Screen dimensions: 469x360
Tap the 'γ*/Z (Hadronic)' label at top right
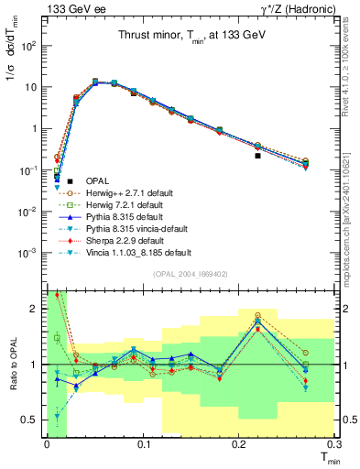(x=296, y=9)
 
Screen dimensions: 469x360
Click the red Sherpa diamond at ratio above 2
(x=57, y=295)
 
